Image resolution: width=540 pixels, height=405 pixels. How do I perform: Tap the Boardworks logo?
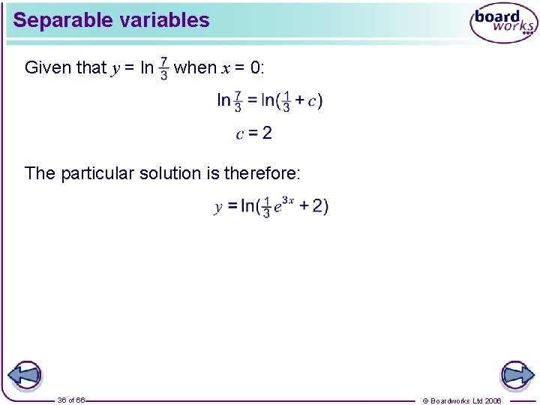click(503, 23)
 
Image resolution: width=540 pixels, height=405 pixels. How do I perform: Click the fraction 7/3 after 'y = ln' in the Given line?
click(164, 69)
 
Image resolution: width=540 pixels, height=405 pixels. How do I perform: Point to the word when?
click(195, 68)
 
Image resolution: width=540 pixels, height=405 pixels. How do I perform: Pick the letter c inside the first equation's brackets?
click(312, 100)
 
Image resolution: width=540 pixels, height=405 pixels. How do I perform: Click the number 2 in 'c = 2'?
click(267, 133)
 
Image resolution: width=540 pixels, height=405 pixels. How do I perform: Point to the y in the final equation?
click(218, 206)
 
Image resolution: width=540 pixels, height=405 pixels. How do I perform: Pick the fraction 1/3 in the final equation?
click(266, 207)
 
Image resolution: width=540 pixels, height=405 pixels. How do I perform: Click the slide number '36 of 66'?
click(70, 400)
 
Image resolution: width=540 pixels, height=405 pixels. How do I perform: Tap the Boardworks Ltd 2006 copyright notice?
click(462, 400)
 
